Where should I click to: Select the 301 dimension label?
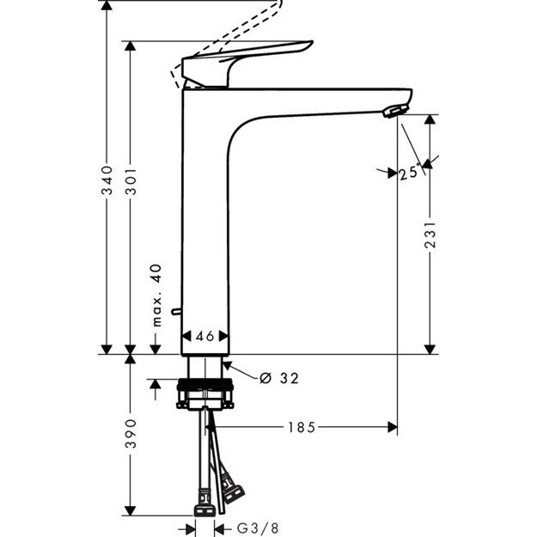click(x=130, y=180)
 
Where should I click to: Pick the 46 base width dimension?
click(x=204, y=337)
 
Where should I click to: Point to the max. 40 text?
click(x=156, y=295)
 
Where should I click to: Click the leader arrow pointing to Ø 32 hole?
click(x=240, y=371)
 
